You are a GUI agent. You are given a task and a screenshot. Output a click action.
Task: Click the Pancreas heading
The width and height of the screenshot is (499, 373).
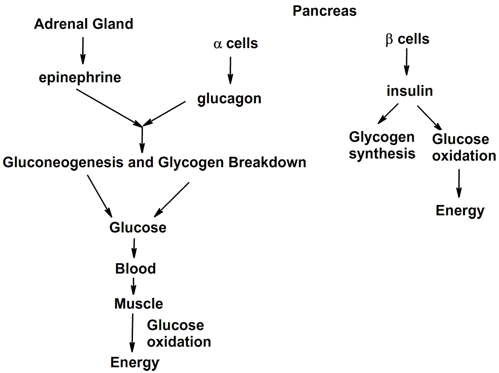click(x=325, y=11)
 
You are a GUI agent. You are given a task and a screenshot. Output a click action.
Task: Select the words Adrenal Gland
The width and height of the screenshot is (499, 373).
click(x=84, y=24)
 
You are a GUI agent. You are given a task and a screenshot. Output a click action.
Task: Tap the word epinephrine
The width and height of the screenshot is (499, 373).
click(x=80, y=77)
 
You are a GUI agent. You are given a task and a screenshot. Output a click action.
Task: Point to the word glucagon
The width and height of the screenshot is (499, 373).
click(x=229, y=99)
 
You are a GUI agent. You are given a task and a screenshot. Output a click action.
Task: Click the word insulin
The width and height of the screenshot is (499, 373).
click(x=410, y=91)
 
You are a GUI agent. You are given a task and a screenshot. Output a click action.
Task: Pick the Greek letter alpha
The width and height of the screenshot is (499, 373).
click(x=218, y=44)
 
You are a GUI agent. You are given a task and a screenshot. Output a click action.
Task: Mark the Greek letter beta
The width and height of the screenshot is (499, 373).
click(x=389, y=39)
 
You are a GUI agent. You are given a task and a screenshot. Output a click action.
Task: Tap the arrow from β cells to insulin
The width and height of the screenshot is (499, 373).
click(x=407, y=62)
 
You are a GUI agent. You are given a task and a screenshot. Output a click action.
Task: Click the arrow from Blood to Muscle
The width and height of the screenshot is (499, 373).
click(x=133, y=286)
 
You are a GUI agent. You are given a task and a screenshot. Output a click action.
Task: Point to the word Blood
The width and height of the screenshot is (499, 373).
click(x=136, y=268)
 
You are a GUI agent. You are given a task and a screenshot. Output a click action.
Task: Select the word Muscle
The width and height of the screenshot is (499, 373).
click(x=139, y=303)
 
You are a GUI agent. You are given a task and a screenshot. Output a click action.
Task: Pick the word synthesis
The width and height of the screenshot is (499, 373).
click(x=382, y=154)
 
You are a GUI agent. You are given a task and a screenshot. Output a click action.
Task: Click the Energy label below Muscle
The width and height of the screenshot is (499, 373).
click(x=135, y=362)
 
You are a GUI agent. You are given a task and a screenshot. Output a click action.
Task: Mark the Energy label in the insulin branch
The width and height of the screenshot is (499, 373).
click(x=460, y=211)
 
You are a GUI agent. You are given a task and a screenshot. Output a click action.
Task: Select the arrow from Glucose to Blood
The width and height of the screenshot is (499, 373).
click(x=134, y=248)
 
